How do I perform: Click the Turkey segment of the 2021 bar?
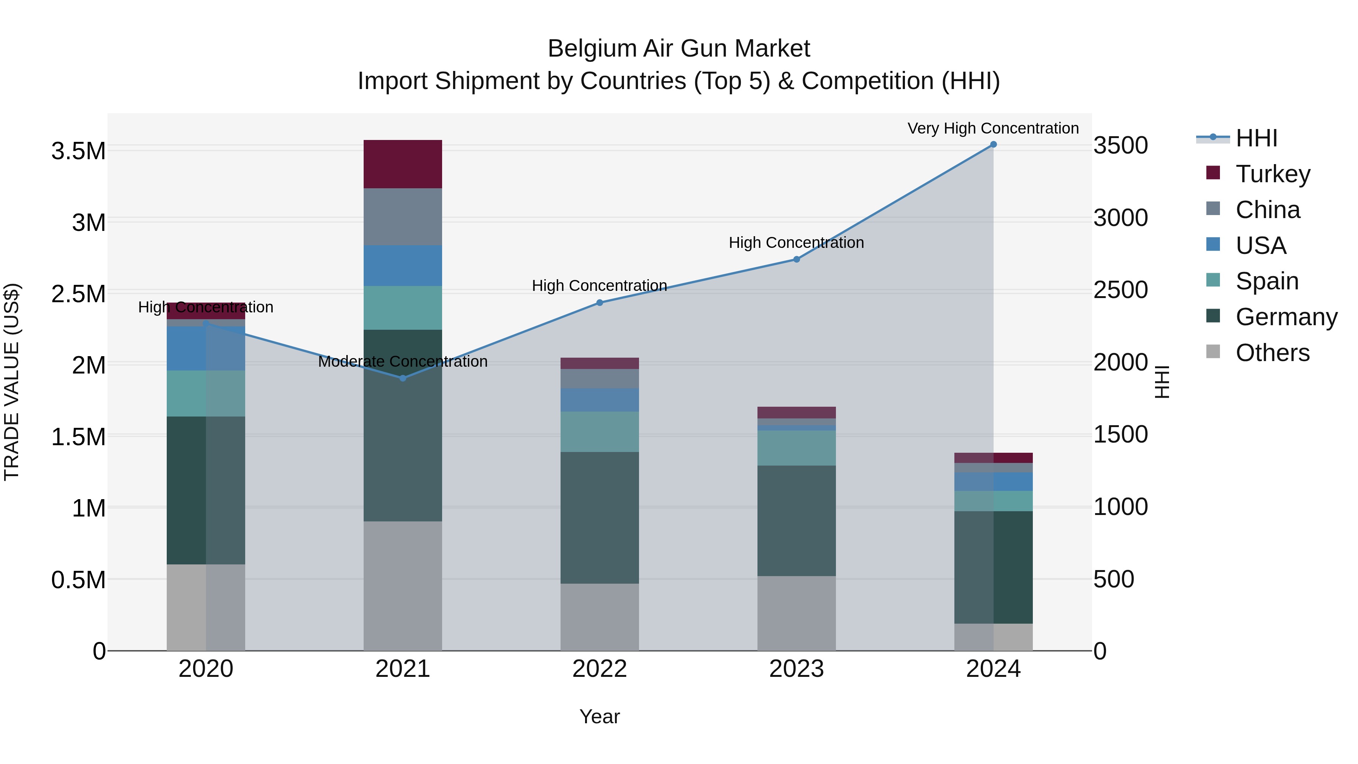403,164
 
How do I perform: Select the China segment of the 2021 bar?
403,217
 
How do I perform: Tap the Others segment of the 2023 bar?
797,613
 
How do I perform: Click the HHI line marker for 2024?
993,144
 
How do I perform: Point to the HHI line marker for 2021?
403,378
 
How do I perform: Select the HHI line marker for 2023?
797,260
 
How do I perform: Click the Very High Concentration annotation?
993,128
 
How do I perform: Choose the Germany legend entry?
1286,317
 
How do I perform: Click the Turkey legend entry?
1273,174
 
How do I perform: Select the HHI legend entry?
1256,138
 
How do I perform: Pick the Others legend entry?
1272,353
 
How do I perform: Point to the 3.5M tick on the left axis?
78,151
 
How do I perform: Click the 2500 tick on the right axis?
1120,290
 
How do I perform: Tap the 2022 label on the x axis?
599,669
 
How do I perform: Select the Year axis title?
599,716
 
